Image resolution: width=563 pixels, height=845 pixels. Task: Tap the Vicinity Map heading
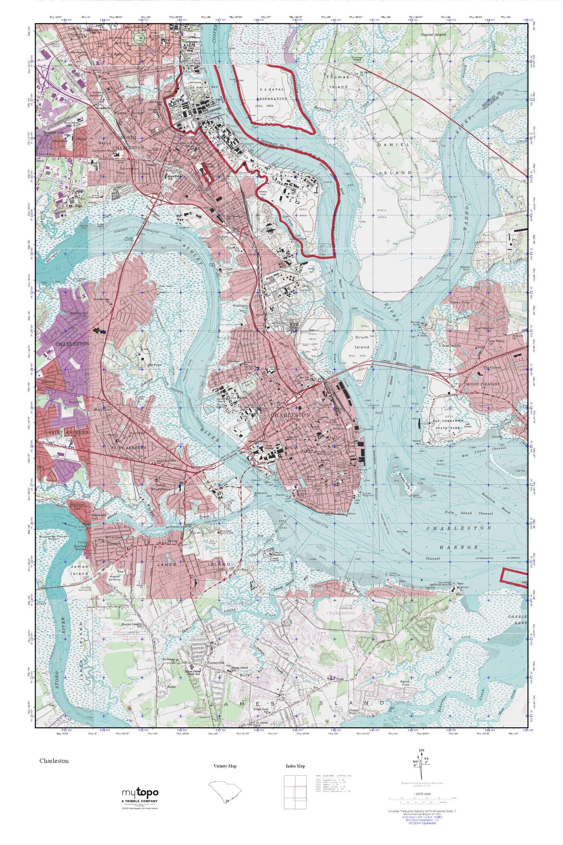pyautogui.click(x=225, y=766)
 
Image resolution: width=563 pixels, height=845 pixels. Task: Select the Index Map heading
pyautogui.click(x=295, y=766)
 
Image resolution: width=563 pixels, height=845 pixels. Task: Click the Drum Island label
pyautogui.click(x=362, y=342)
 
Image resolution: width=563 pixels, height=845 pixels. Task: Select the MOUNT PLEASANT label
pyautogui.click(x=482, y=384)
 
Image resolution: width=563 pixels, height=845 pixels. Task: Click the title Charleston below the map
pyautogui.click(x=54, y=761)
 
